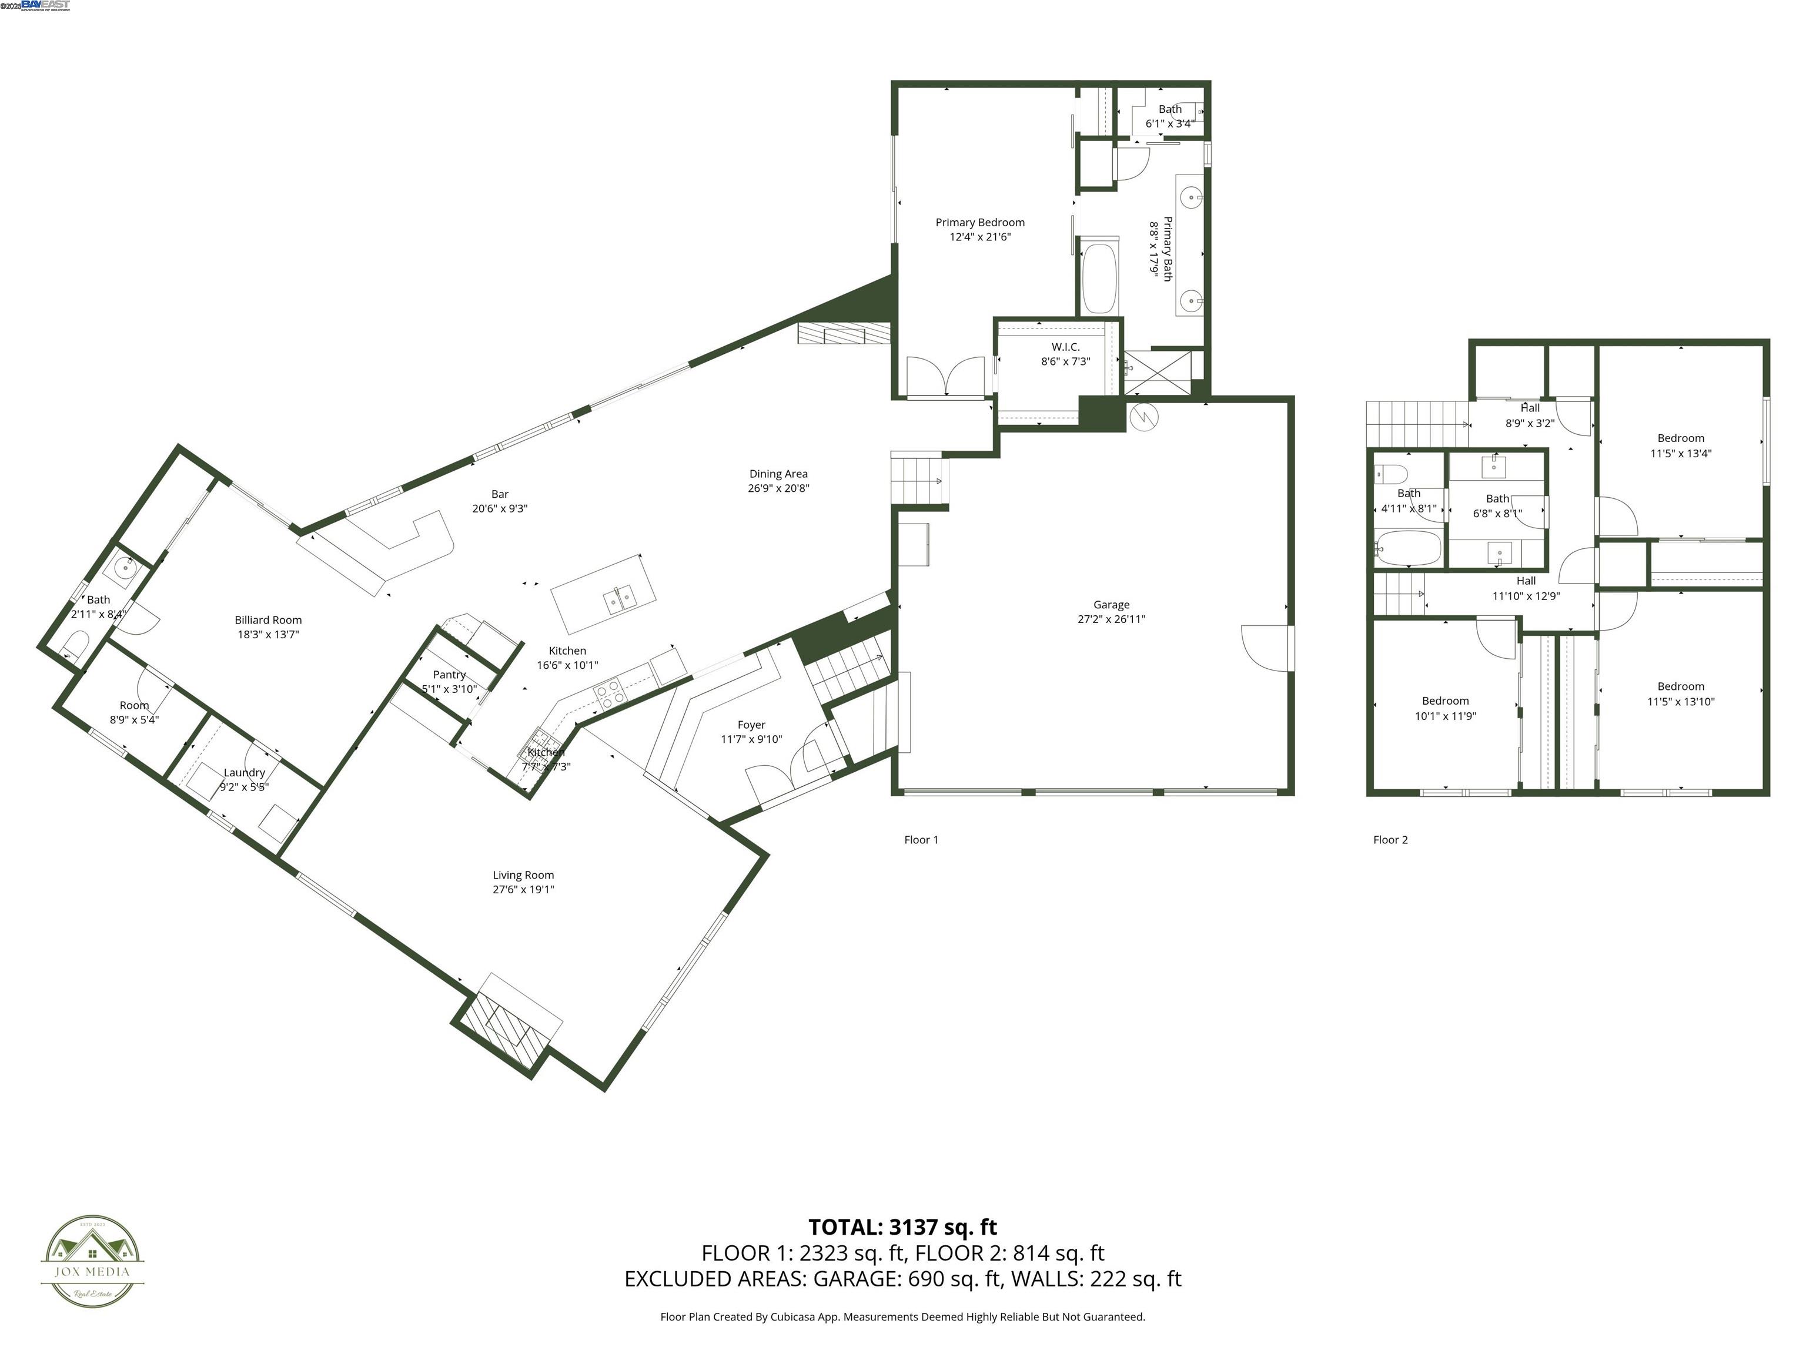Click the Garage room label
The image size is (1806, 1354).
pyautogui.click(x=1111, y=605)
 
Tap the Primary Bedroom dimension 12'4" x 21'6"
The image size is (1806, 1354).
pyautogui.click(x=980, y=237)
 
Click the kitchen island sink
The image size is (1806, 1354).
pyautogui.click(x=620, y=601)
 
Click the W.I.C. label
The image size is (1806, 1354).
pyautogui.click(x=1065, y=347)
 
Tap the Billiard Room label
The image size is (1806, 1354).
pyautogui.click(x=268, y=620)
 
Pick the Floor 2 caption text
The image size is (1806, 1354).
pyautogui.click(x=1390, y=840)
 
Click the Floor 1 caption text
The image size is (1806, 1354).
pyautogui.click(x=921, y=840)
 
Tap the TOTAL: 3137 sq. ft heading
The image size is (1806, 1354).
pyautogui.click(x=902, y=1226)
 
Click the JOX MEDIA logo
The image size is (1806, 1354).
pyautogui.click(x=92, y=1261)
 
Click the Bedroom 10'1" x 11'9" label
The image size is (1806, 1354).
pyautogui.click(x=1445, y=701)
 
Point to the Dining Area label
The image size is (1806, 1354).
pyautogui.click(x=778, y=474)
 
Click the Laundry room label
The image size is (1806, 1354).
pyautogui.click(x=244, y=773)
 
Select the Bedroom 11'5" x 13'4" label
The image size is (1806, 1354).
pyautogui.click(x=1680, y=438)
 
